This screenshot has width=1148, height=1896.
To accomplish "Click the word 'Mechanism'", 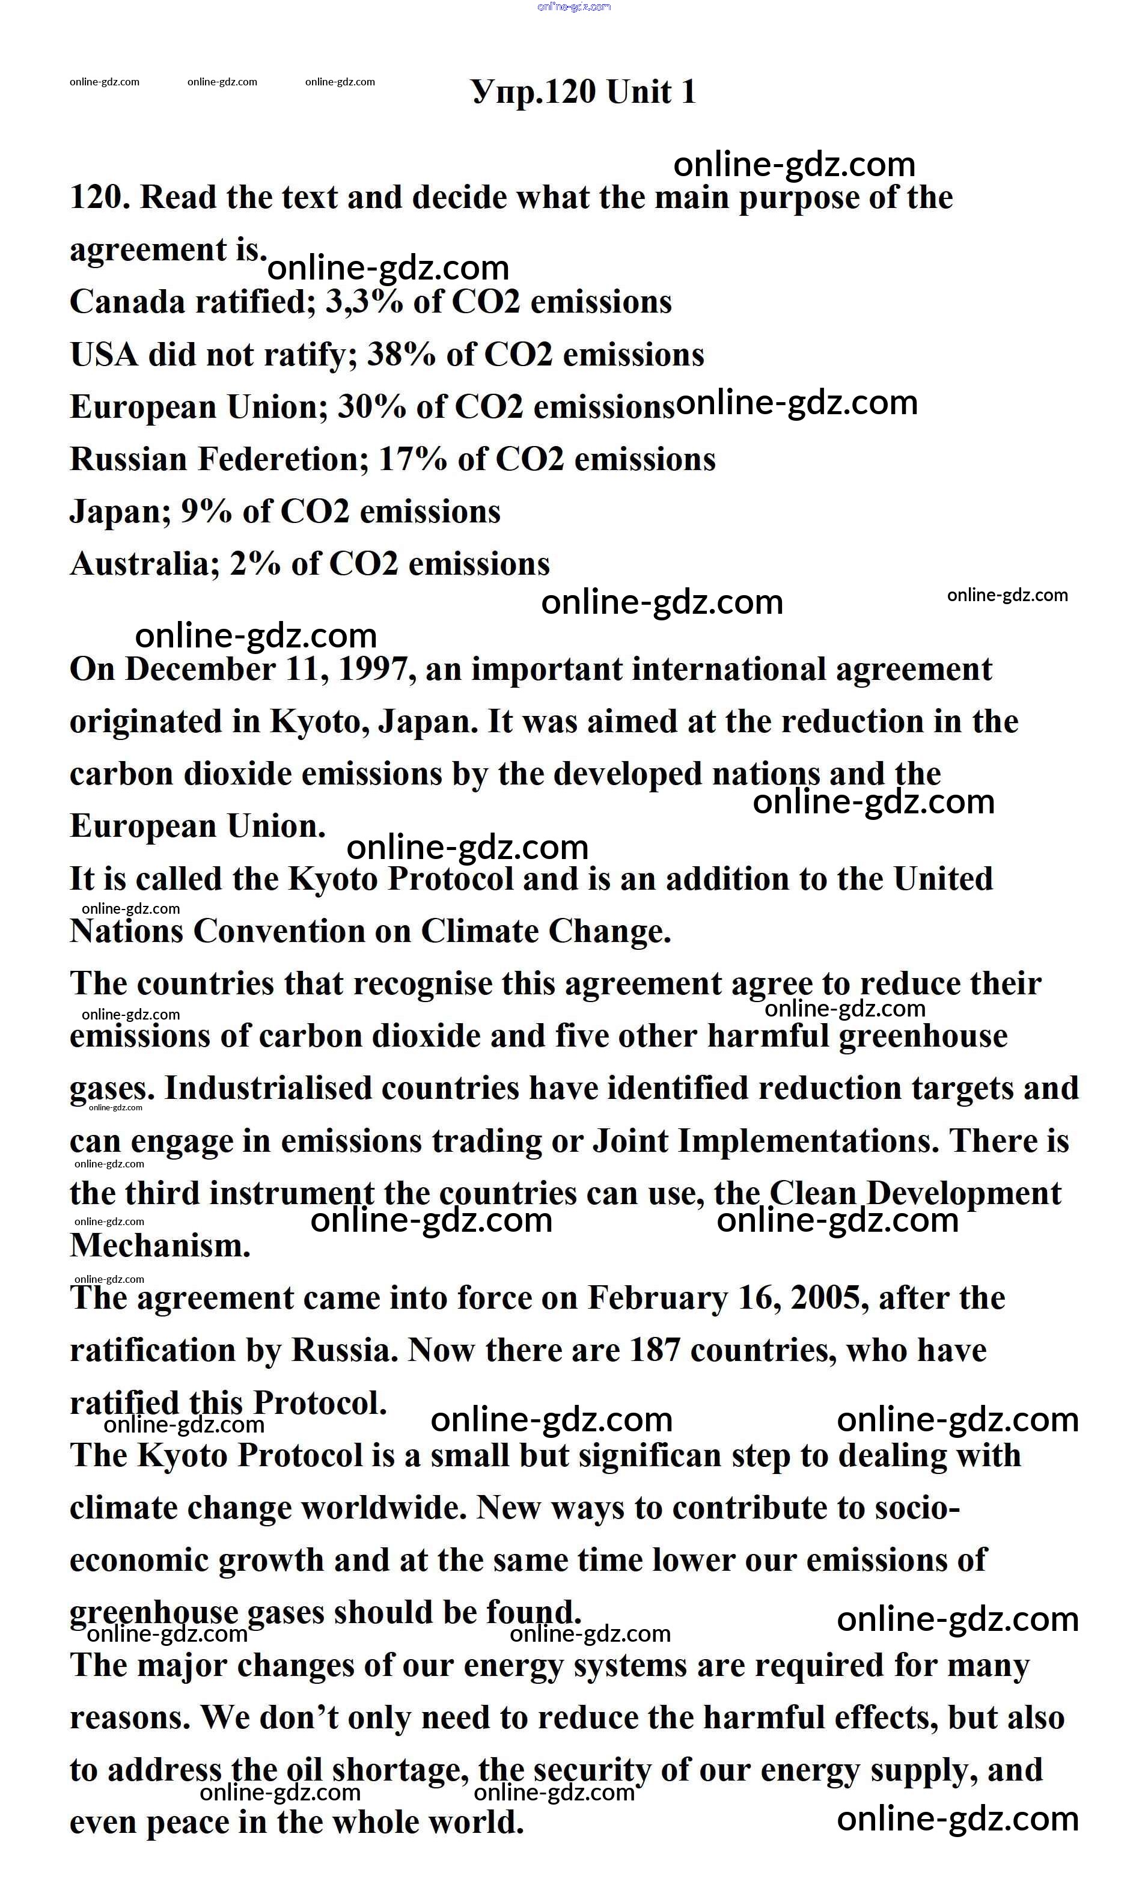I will (159, 1246).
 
